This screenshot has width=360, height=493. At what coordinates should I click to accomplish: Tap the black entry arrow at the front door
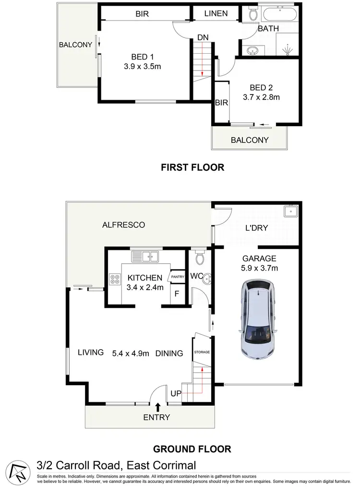tap(158, 408)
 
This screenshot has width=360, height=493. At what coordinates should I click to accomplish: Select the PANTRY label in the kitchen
tap(178, 277)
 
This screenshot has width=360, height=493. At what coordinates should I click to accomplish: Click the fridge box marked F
tap(177, 293)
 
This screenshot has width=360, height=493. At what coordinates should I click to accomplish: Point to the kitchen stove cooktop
tap(115, 279)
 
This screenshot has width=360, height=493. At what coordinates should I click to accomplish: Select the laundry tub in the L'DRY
tap(291, 211)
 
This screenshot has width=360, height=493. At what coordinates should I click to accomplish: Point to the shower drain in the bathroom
tap(288, 50)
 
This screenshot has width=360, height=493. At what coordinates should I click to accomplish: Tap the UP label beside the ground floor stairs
tap(176, 394)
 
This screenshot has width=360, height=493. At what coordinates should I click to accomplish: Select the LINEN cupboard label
tap(216, 13)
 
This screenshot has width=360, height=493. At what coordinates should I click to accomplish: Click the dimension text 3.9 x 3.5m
tap(142, 67)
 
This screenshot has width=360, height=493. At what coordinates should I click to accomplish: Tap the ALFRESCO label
tap(124, 224)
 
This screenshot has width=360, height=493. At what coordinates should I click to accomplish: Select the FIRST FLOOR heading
tap(192, 167)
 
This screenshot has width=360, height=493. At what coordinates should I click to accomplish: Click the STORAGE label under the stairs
tap(202, 352)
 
